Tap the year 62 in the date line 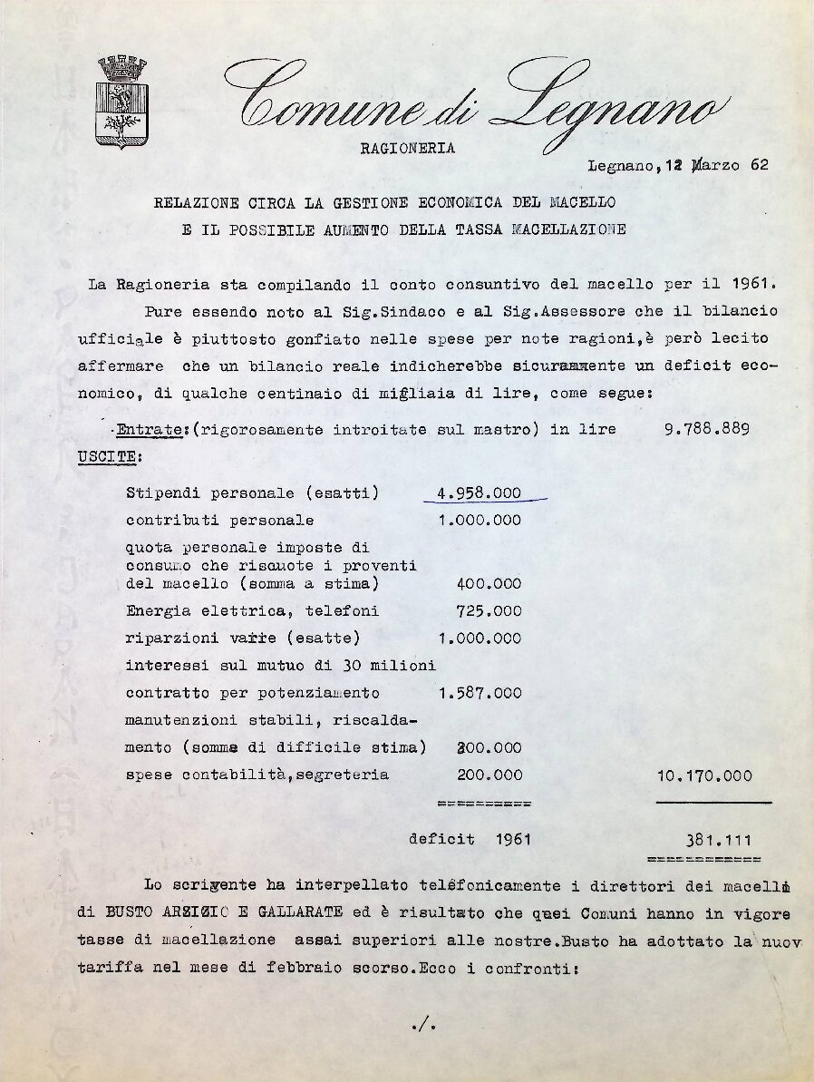(760, 165)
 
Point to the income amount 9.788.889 (706, 429)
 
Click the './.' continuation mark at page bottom (423, 1026)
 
